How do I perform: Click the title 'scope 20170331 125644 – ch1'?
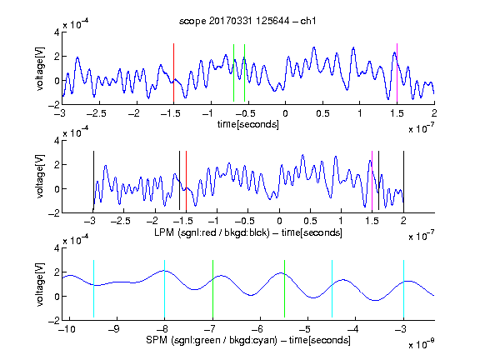click(x=247, y=21)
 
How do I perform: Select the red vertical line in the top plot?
click(x=173, y=72)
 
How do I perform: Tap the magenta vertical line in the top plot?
click(x=397, y=72)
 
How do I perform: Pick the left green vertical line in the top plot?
click(x=233, y=72)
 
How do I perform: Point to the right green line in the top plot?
click(x=244, y=72)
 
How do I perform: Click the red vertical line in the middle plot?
click(x=186, y=181)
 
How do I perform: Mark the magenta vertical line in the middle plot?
click(x=372, y=181)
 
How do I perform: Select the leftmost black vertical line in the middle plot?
click(x=93, y=181)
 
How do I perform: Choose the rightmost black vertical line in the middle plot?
click(x=403, y=181)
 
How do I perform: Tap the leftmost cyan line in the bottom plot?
click(x=93, y=288)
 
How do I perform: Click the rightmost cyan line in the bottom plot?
click(x=403, y=288)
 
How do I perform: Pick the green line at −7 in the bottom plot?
click(x=212, y=288)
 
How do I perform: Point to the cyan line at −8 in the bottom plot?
click(x=164, y=288)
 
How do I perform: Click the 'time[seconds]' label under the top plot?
click(x=248, y=124)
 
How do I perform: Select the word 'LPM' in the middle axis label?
click(x=164, y=232)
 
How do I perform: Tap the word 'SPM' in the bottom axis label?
click(x=157, y=340)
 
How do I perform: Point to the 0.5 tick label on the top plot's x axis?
click(x=322, y=113)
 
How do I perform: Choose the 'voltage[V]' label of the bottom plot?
click(x=40, y=285)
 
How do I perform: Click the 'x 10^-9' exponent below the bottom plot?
click(x=421, y=343)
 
